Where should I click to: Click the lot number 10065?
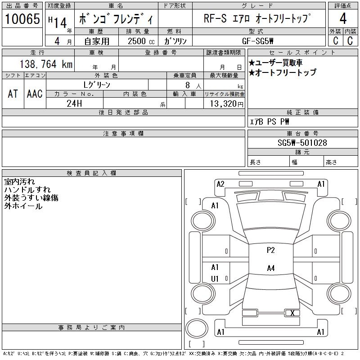pyautogui.click(x=22, y=19)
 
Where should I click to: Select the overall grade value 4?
pyautogui.click(x=343, y=19)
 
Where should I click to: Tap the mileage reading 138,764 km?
pyautogui.click(x=45, y=64)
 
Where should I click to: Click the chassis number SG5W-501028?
pyautogui.click(x=302, y=143)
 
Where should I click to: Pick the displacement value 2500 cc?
pyautogui.click(x=138, y=40)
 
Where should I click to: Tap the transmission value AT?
pyautogui.click(x=13, y=94)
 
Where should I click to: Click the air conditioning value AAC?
pyautogui.click(x=35, y=94)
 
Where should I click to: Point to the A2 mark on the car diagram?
pyautogui.click(x=220, y=184)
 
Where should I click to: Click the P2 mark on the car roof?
pyautogui.click(x=270, y=251)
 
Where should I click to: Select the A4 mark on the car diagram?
pyautogui.click(x=270, y=269)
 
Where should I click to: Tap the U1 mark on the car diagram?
pyautogui.click(x=215, y=279)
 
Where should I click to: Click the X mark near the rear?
pyautogui.click(x=292, y=313)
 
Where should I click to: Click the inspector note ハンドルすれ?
pyautogui.click(x=27, y=190)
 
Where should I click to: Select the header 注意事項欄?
pyautogui.click(x=123, y=134)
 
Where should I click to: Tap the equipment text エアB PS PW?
pyautogui.click(x=270, y=121)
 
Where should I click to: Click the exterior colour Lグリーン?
pyautogui.click(x=97, y=84)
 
